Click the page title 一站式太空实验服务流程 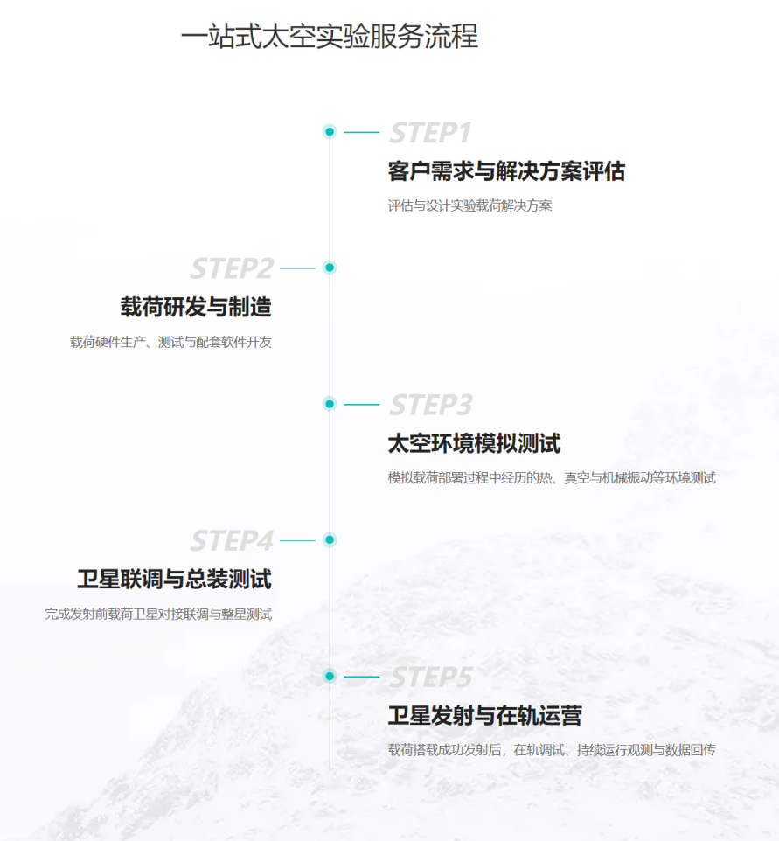pyautogui.click(x=330, y=37)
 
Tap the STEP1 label pyautogui.click(x=430, y=133)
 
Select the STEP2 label pyautogui.click(x=232, y=268)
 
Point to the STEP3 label pyautogui.click(x=431, y=405)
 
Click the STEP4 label pyautogui.click(x=232, y=540)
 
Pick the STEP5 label pyautogui.click(x=431, y=677)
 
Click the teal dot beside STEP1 pyautogui.click(x=330, y=131)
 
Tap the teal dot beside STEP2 pyautogui.click(x=330, y=268)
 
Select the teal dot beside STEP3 pyautogui.click(x=330, y=404)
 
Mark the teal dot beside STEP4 pyautogui.click(x=330, y=539)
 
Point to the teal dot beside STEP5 pyautogui.click(x=330, y=676)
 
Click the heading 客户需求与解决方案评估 pyautogui.click(x=506, y=171)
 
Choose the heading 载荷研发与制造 pyautogui.click(x=196, y=308)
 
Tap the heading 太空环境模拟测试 pyautogui.click(x=474, y=443)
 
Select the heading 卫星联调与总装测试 pyautogui.click(x=174, y=580)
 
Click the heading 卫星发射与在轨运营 pyautogui.click(x=485, y=715)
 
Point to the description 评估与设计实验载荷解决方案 pyautogui.click(x=470, y=205)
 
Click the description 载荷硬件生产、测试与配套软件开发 pyautogui.click(x=170, y=342)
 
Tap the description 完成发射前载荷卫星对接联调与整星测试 pyautogui.click(x=158, y=614)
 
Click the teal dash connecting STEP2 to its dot pyautogui.click(x=298, y=268)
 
